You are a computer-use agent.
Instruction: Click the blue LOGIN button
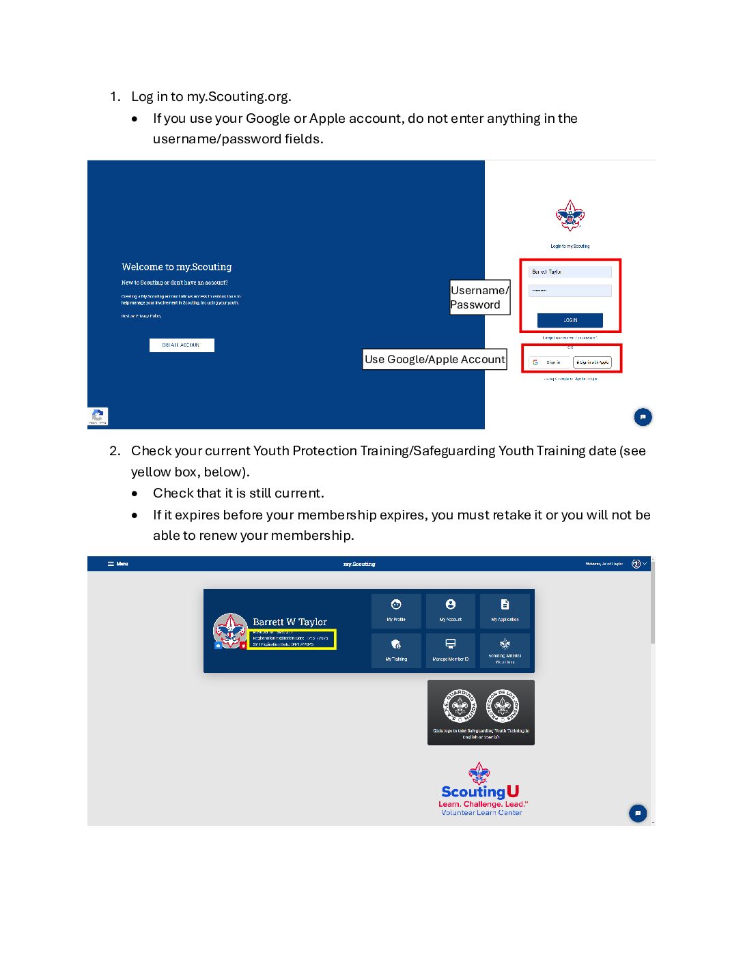(x=570, y=320)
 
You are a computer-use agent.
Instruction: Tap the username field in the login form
(x=570, y=272)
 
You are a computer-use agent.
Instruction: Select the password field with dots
(x=570, y=291)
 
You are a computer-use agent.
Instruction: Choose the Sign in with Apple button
(x=592, y=362)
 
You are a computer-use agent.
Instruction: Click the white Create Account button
(x=182, y=345)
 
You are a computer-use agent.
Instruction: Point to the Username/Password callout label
(x=479, y=298)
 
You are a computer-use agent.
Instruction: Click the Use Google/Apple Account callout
(x=435, y=359)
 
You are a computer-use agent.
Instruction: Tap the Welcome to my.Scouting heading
(x=177, y=267)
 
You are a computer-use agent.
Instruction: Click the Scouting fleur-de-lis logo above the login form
(x=570, y=216)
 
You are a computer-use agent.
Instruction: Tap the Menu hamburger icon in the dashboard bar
(x=111, y=564)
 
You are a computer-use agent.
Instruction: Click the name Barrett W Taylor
(x=290, y=622)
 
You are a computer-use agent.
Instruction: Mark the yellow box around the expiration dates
(x=292, y=640)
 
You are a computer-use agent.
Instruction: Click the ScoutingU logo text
(x=480, y=792)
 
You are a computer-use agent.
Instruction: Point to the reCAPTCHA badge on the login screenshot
(x=98, y=416)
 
